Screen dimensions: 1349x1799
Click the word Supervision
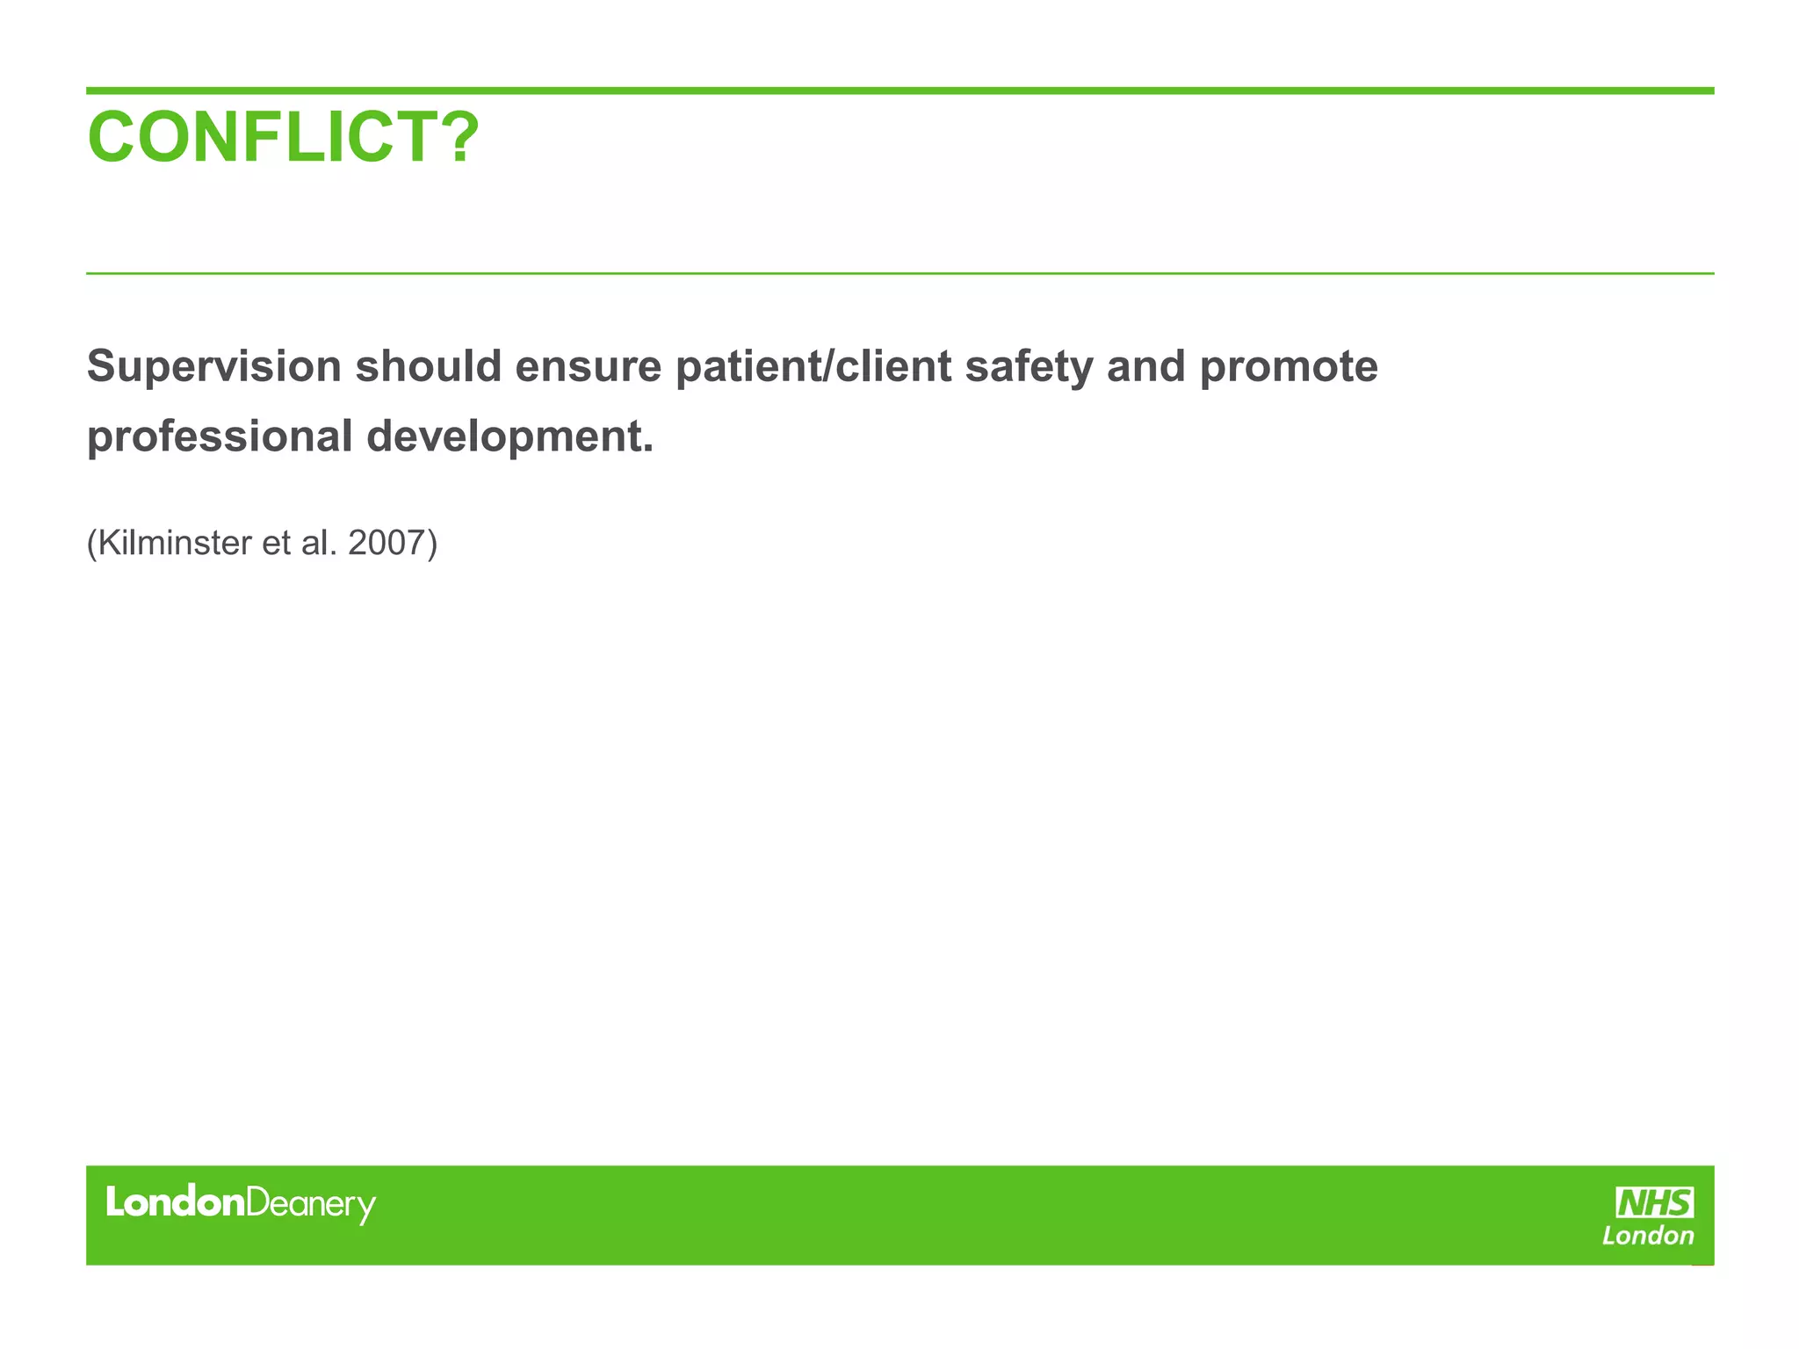point(213,367)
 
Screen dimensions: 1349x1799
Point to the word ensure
point(588,367)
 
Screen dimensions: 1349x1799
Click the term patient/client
point(813,367)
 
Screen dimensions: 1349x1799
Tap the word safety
point(1029,367)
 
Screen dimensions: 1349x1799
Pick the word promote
point(1289,367)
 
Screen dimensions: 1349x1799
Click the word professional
point(220,436)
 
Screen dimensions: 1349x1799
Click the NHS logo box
point(1654,1202)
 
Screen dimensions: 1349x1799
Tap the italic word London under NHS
point(1648,1237)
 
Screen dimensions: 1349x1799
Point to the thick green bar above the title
point(899,90)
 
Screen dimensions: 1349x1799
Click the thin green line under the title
point(899,273)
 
